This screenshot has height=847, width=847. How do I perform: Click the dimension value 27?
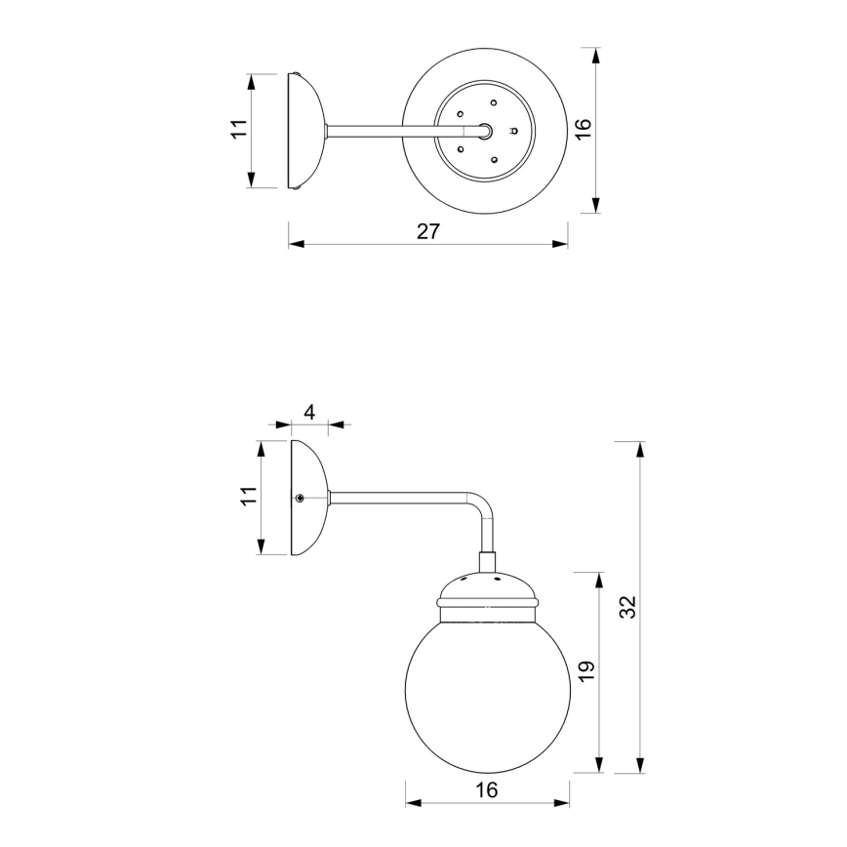428,231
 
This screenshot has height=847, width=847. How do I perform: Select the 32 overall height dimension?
628,606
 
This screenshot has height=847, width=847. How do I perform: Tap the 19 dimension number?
586,671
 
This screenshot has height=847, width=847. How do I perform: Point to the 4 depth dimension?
309,412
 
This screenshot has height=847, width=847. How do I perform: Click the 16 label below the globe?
486,789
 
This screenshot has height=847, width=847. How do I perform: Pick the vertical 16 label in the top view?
584,130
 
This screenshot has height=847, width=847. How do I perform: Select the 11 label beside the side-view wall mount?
250,498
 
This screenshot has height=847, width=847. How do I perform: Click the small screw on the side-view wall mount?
301,498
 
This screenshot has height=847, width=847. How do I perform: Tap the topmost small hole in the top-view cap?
494,101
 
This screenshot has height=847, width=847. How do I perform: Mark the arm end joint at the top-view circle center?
486,130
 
